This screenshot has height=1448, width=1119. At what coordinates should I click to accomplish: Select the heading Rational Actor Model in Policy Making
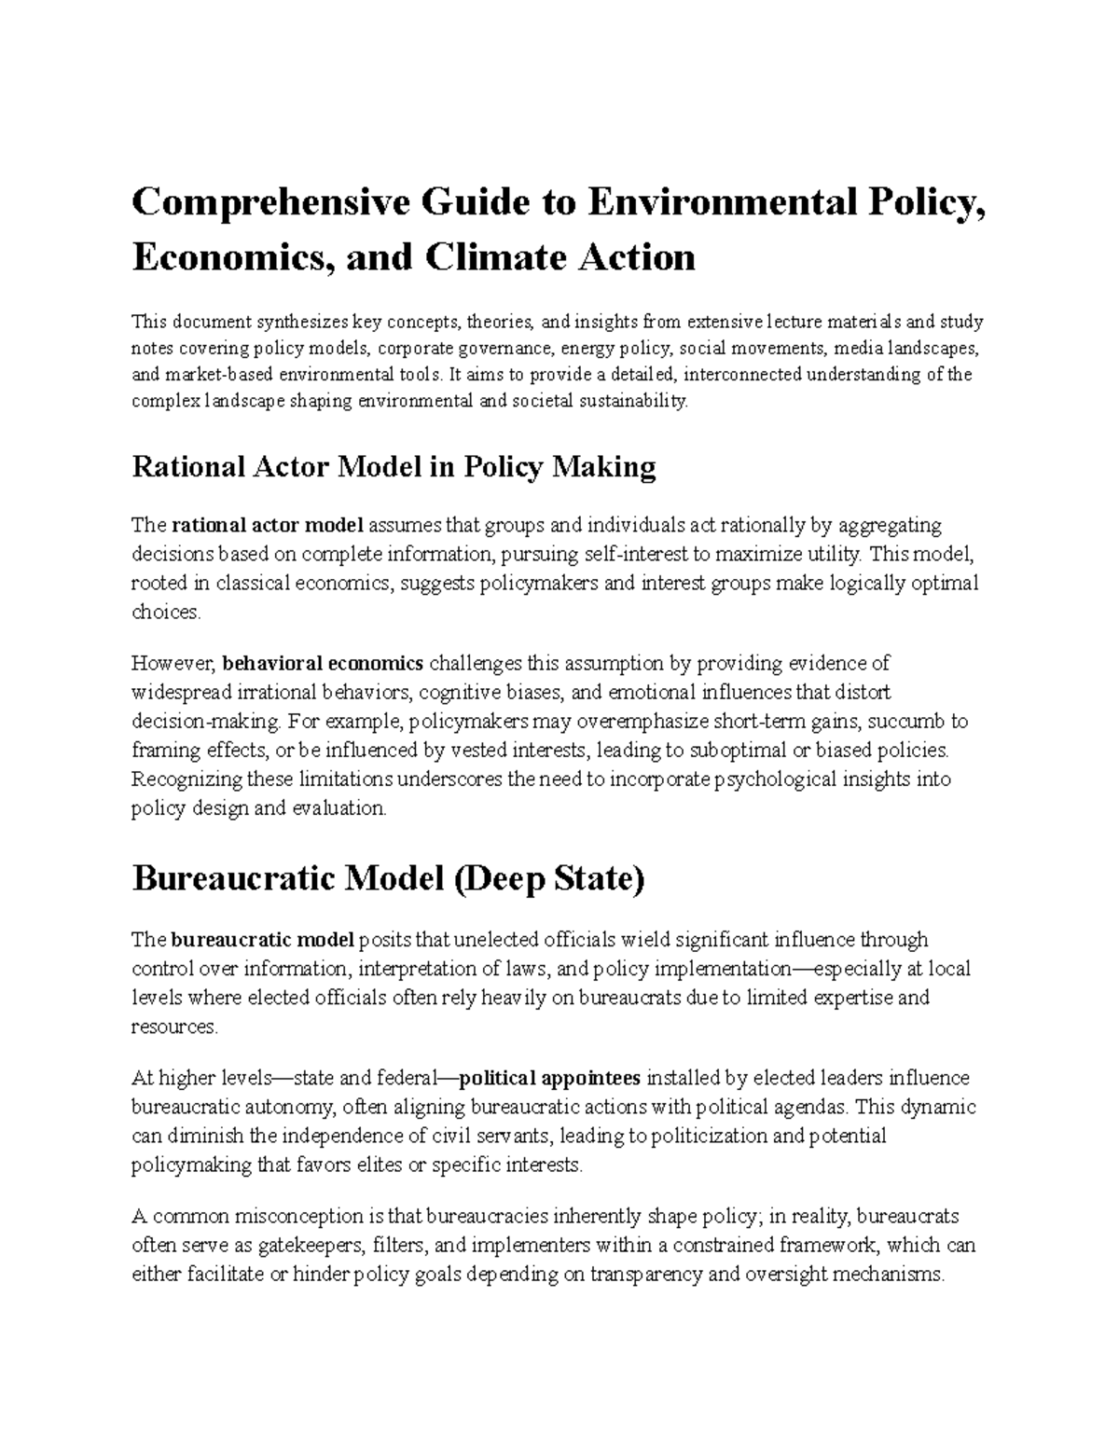click(x=394, y=466)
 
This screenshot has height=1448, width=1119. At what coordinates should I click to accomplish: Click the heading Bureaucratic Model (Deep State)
click(x=388, y=879)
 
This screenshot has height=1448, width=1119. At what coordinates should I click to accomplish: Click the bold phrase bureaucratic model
click(x=263, y=939)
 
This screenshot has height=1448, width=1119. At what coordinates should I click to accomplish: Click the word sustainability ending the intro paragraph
click(x=632, y=402)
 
